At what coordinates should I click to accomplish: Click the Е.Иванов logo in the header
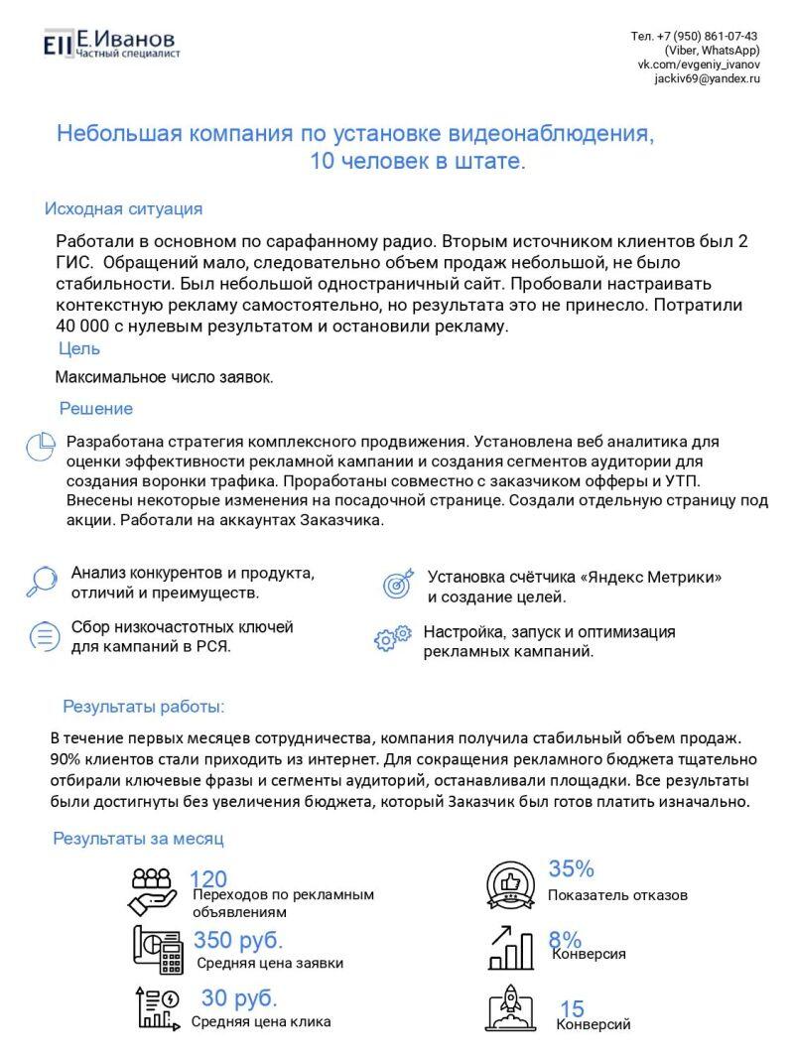(x=110, y=43)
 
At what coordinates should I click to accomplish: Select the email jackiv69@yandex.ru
(x=707, y=78)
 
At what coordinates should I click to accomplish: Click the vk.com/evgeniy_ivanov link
(x=699, y=64)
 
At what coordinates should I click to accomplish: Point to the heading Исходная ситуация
(x=123, y=208)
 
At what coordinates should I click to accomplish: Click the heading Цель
(x=79, y=348)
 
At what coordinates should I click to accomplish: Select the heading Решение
(x=96, y=408)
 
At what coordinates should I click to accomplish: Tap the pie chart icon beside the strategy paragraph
(x=40, y=447)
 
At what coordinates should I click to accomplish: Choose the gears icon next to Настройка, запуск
(x=392, y=638)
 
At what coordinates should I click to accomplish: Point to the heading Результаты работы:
(x=144, y=707)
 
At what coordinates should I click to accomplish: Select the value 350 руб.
(x=238, y=940)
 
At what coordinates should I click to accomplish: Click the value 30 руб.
(x=239, y=997)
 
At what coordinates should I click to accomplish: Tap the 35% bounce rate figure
(x=572, y=869)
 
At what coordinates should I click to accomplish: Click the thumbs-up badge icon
(x=511, y=883)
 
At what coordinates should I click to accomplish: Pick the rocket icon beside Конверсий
(x=512, y=1006)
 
